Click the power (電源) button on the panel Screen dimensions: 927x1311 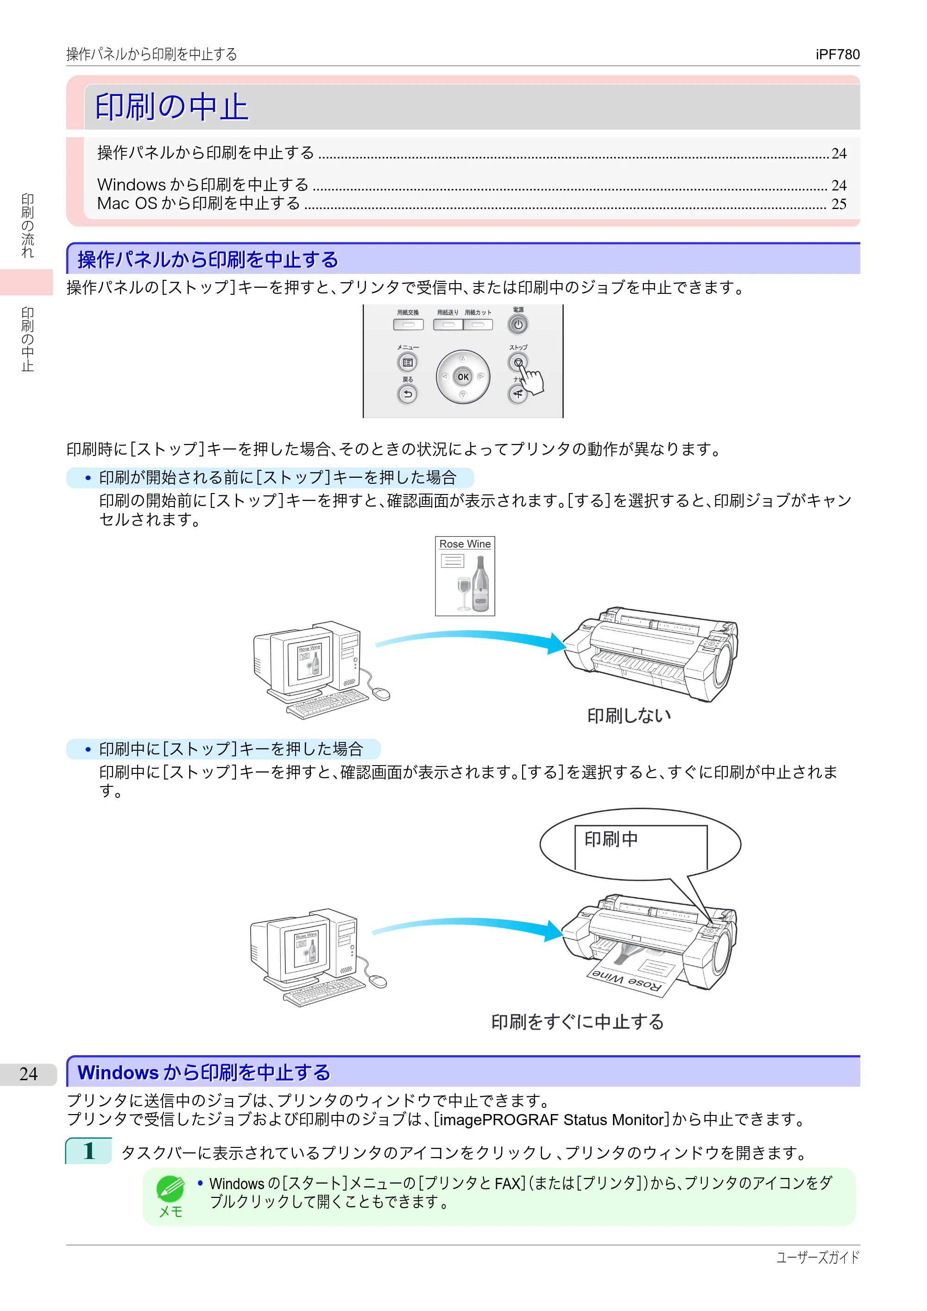(x=518, y=324)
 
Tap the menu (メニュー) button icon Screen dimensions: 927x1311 (x=408, y=362)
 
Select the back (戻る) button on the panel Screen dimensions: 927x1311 (x=408, y=394)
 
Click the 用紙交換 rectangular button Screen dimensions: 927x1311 (x=408, y=324)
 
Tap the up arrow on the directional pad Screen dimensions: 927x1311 (x=463, y=359)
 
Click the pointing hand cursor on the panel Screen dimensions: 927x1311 (x=531, y=379)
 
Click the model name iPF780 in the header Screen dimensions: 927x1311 (x=838, y=54)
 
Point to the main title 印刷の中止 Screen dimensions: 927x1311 (x=172, y=107)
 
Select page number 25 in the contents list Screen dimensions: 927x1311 (x=839, y=204)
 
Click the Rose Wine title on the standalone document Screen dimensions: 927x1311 (x=465, y=544)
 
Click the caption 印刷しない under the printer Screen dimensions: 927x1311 (x=629, y=716)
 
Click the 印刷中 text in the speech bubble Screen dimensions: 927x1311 (x=611, y=839)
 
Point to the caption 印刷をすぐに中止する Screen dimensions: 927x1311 (x=578, y=1021)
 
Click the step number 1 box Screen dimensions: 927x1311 (x=88, y=1151)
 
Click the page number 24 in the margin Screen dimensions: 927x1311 (x=29, y=1074)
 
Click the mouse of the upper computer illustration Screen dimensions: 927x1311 (x=381, y=694)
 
